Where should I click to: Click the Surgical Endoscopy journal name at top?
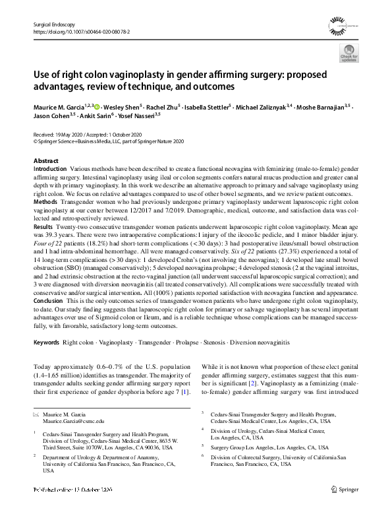point(52,23)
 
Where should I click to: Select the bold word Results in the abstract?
point(43,226)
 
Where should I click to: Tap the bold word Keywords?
point(46,343)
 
